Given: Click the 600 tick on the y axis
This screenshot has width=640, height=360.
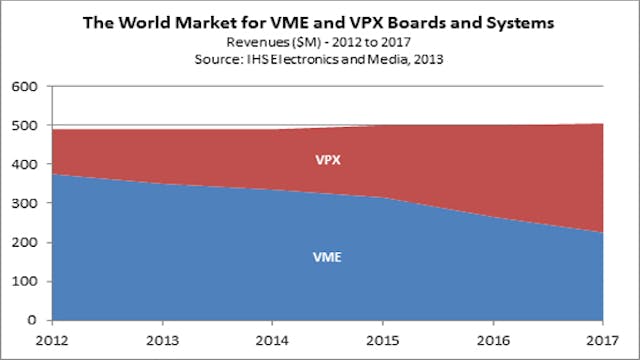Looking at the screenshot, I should click(22, 87).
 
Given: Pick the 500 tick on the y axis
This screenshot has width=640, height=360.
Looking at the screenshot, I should click(22, 126).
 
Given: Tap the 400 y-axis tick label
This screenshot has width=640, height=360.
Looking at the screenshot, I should click(22, 165).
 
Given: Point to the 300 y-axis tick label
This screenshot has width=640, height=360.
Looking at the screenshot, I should click(22, 204).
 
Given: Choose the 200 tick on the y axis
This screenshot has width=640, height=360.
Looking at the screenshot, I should click(22, 243).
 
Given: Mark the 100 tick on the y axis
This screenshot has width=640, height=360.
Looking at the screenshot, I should click(22, 282).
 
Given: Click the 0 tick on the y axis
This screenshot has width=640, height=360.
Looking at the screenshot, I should click(30, 321).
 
